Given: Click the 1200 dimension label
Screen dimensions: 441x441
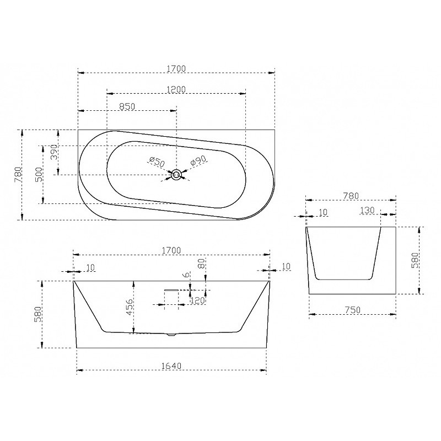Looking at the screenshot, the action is (x=176, y=89).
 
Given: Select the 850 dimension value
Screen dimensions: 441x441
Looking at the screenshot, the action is (x=127, y=106).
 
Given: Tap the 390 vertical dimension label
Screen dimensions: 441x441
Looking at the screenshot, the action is (x=53, y=152).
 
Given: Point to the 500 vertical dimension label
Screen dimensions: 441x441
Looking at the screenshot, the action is (x=39, y=175).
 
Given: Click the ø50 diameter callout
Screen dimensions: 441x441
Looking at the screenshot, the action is (x=157, y=162).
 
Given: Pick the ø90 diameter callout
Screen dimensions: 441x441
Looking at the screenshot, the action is (x=198, y=161).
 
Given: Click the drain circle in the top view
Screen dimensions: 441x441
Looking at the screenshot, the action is (x=176, y=175).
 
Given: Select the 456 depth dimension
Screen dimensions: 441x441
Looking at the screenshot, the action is (x=129, y=307).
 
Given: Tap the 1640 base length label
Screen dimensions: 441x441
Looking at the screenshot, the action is (x=171, y=366).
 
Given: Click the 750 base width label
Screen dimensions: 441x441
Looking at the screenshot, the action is (x=352, y=310).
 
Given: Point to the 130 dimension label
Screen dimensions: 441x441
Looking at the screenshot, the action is (x=367, y=210).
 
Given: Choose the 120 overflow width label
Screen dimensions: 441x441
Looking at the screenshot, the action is (x=197, y=300).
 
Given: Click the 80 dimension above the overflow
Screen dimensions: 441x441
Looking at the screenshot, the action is (x=201, y=264).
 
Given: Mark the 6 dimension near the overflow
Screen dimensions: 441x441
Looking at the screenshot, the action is (x=186, y=275).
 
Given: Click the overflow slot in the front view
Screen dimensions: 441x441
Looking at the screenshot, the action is (x=171, y=289).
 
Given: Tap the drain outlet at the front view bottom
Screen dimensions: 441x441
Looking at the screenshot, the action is (x=171, y=335).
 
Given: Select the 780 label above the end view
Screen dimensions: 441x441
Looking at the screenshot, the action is (x=351, y=196).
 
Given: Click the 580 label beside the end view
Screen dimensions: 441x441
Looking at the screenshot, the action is (x=415, y=260).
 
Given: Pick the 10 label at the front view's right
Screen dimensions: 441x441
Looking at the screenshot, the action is (x=286, y=266).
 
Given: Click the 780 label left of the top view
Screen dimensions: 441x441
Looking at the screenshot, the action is (x=18, y=175).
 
